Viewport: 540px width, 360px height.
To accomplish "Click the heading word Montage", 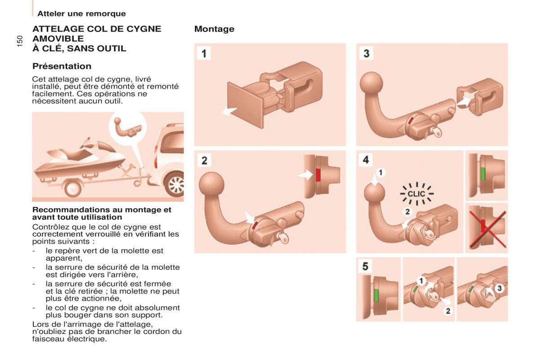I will [x=214, y=29].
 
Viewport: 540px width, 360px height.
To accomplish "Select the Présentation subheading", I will [x=62, y=66].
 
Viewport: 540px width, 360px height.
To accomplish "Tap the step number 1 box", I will [x=204, y=54].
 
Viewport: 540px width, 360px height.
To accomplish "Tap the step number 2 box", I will [x=204, y=160].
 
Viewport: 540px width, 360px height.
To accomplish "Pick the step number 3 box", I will [x=366, y=54].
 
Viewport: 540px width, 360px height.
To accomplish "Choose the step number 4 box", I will [x=366, y=160].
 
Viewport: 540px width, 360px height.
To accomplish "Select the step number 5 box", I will [x=365, y=266].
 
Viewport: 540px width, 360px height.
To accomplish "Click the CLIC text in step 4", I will [x=416, y=194].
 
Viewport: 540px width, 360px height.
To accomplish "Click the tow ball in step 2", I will [x=211, y=185].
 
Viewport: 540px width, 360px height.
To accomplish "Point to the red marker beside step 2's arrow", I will [x=318, y=175].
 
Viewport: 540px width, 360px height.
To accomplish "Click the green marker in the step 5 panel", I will [x=376, y=295].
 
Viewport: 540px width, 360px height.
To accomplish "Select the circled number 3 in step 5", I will [x=499, y=288].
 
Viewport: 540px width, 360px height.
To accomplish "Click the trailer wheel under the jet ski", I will [x=72, y=188].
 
